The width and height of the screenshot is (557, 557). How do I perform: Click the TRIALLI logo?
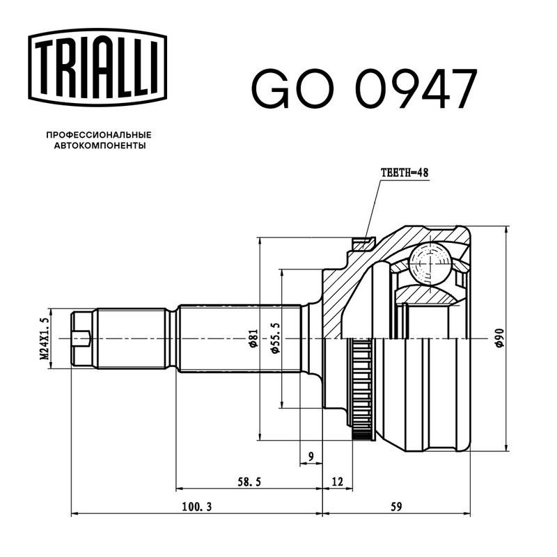coord(97,68)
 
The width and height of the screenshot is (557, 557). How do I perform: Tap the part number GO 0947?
coord(363,89)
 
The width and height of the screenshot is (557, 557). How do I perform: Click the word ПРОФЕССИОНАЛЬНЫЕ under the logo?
coord(99,135)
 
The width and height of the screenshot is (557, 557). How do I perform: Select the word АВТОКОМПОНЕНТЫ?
coord(100,146)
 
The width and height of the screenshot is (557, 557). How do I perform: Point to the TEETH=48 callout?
coord(405,173)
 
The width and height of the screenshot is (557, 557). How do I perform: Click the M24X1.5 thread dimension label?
coord(44,338)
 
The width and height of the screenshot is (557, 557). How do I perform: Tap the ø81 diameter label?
coord(253,338)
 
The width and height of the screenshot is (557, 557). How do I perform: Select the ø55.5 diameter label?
coord(275,338)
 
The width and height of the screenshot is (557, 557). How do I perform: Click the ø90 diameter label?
coord(499,338)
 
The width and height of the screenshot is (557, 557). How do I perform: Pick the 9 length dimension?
coord(311,456)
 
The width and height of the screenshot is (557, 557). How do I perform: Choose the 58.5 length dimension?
coord(249,482)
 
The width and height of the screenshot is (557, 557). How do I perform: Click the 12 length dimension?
coord(338,482)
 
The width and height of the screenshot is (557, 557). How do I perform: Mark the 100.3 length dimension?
coord(197,507)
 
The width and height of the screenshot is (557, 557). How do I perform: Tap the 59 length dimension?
coord(396,507)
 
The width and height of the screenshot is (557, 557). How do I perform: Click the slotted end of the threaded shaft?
coord(81,338)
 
